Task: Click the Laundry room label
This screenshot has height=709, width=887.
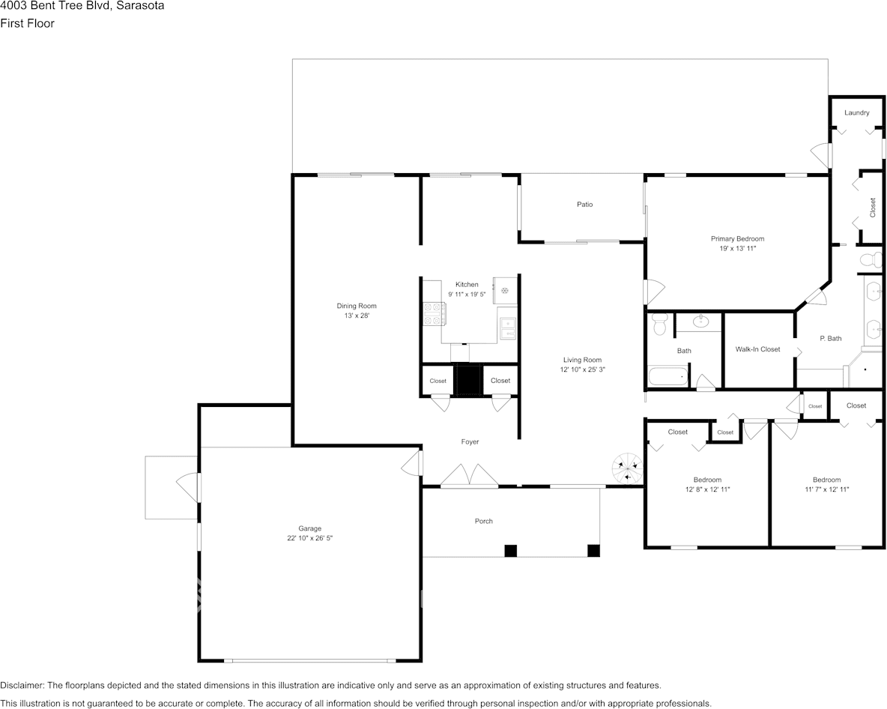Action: coord(856,113)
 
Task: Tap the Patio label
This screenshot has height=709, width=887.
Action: coord(584,205)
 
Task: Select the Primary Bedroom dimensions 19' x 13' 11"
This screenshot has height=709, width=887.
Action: coord(737,248)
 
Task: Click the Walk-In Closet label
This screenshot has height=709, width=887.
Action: coord(757,349)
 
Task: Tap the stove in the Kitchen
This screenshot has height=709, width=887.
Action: coord(433,313)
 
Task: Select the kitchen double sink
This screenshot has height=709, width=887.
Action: coord(508,327)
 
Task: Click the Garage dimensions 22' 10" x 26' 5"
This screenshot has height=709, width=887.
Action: coord(309,538)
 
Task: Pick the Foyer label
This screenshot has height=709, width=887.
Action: coord(470,442)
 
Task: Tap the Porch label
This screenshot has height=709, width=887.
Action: coord(484,522)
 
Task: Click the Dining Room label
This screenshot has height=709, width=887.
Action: coord(357,306)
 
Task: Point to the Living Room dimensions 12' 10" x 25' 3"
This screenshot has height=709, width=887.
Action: coord(582,369)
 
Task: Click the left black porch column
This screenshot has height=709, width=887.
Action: coord(510,551)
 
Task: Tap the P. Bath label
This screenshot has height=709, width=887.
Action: coord(830,339)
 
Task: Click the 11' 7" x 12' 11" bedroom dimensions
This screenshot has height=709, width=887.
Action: coord(826,489)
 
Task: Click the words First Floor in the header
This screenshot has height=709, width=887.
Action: coord(27,23)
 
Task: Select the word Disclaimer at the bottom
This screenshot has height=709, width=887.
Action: coord(22,685)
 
